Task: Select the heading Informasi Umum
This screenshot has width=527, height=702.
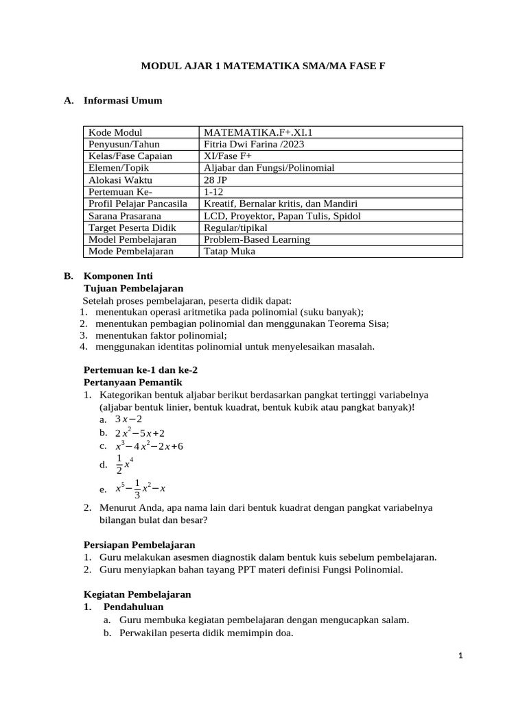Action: click(x=123, y=101)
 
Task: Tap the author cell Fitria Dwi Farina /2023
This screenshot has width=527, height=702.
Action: click(x=254, y=144)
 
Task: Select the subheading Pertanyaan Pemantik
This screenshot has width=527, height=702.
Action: click(x=132, y=382)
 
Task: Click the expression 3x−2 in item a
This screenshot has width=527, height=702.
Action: click(x=128, y=419)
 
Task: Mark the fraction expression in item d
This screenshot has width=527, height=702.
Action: click(x=124, y=464)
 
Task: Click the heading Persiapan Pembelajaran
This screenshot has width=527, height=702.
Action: click(x=139, y=544)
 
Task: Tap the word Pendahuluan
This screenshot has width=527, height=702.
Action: click(x=134, y=607)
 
